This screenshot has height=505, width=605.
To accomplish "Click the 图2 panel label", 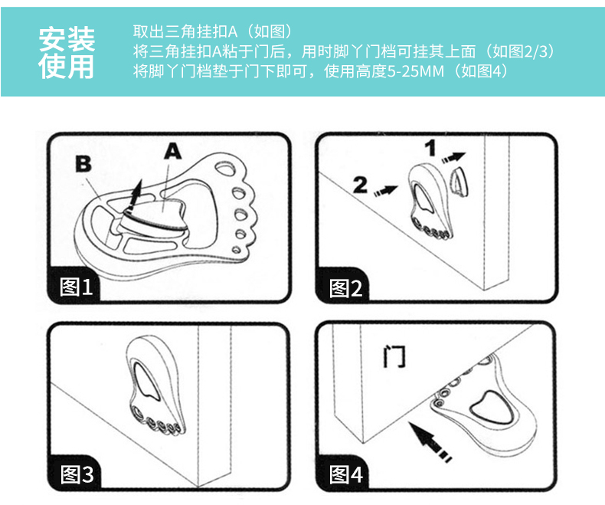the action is (345, 287).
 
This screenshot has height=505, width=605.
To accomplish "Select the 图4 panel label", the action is (345, 474).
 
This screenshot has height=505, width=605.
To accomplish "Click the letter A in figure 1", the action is (174, 152).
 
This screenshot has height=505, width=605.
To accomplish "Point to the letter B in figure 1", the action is (83, 162).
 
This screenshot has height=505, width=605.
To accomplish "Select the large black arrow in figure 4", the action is (431, 442).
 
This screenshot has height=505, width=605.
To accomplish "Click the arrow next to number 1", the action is (455, 156).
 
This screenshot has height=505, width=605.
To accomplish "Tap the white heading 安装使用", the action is (67, 52).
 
